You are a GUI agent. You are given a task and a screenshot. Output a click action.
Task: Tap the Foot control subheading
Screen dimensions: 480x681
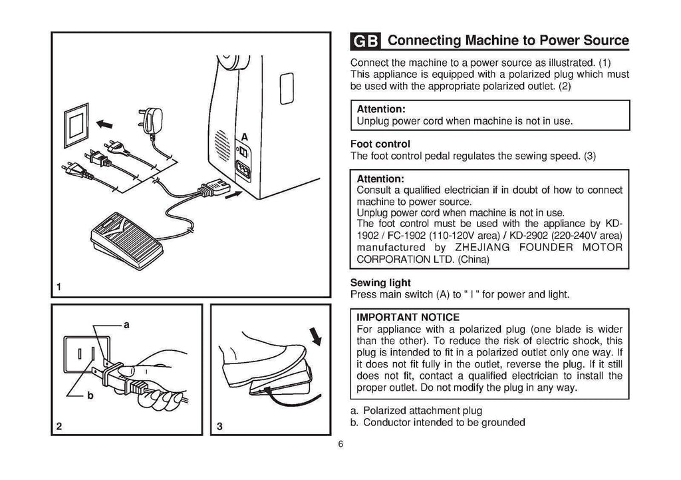pos(380,144)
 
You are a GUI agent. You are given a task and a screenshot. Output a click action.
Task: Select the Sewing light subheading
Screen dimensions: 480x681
pos(380,282)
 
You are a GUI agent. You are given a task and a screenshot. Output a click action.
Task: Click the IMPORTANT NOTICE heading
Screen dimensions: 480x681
pos(408,317)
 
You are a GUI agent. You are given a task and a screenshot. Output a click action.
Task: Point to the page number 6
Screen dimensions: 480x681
pos(340,445)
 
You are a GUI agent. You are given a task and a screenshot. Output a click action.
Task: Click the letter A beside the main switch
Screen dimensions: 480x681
pos(244,136)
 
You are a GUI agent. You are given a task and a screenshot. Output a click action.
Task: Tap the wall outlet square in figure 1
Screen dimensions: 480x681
pos(74,124)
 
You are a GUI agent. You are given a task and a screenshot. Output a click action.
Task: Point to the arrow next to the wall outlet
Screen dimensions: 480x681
pos(104,123)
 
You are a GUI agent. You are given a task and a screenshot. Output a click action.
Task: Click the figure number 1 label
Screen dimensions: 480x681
pos(59,288)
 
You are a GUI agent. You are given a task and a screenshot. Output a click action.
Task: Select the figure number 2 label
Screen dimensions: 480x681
pos(60,427)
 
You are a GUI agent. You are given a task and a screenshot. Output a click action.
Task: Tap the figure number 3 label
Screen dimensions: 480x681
pos(218,427)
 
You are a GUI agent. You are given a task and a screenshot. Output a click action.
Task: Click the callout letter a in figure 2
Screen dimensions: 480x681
pos(126,324)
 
